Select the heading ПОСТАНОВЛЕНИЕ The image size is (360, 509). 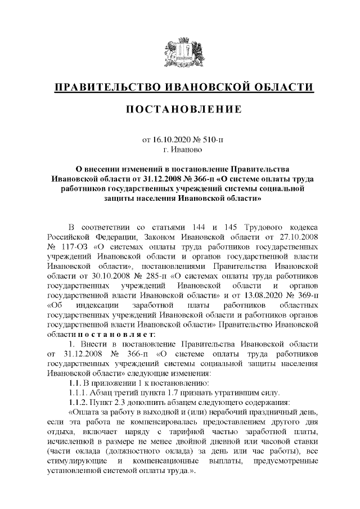pyautogui.click(x=179, y=109)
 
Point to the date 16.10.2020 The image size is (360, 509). pyautogui.click(x=173, y=140)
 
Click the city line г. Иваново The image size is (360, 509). pyautogui.click(x=180, y=150)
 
